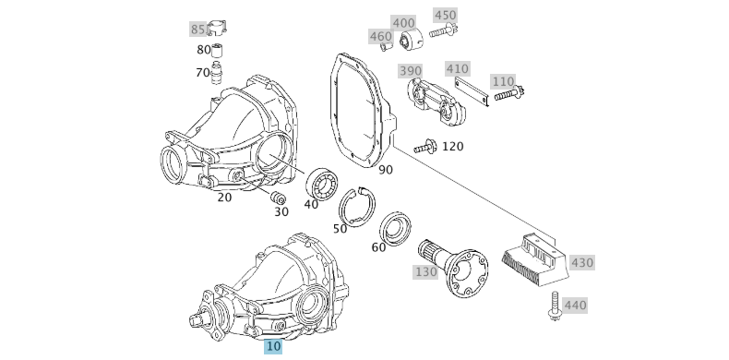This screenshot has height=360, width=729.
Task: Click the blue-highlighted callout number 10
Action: click(x=273, y=346)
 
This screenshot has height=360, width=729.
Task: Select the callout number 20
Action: click(x=224, y=197)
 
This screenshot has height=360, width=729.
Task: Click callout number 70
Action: click(x=203, y=72)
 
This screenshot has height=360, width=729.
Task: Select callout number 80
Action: click(x=204, y=50)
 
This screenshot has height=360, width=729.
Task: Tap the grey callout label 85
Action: click(x=198, y=30)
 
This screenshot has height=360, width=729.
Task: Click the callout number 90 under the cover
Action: click(x=385, y=170)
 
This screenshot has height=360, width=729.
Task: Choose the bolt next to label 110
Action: click(x=508, y=92)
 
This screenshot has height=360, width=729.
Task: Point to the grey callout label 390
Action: click(x=410, y=71)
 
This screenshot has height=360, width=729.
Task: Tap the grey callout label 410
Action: click(x=457, y=68)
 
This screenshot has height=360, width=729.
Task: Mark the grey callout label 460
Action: click(x=380, y=37)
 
